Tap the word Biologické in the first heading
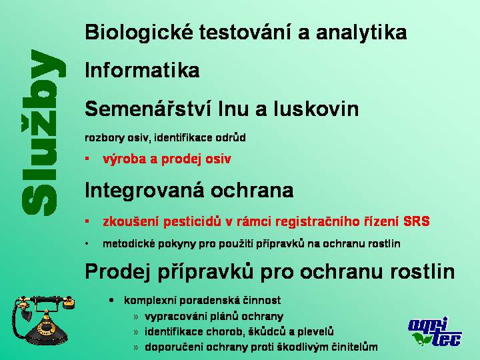coord(139,33)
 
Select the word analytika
coord(361,33)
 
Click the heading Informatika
coord(142,70)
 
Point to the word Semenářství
coord(149,109)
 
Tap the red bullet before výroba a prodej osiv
coord(87,158)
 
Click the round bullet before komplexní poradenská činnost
coord(111,300)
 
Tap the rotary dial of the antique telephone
coord(46,328)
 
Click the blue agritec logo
coord(435,332)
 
